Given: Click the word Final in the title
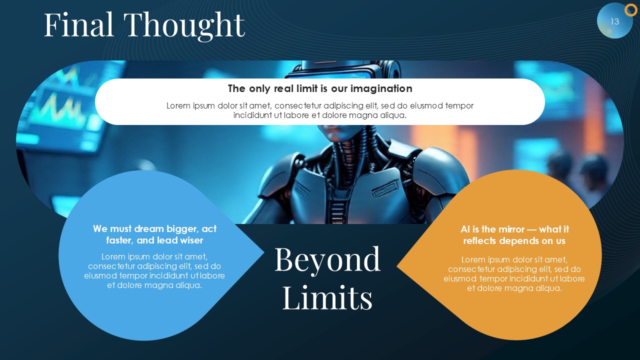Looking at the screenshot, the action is (79, 24).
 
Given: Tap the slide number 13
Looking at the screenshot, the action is (614, 21).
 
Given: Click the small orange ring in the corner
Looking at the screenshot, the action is (630, 10).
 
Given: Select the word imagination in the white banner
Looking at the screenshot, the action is (381, 88).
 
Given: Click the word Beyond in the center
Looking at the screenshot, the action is (327, 260).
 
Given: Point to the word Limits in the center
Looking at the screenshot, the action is (327, 297).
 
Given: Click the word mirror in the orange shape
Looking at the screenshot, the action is (509, 229).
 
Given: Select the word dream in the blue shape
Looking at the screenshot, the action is (149, 229).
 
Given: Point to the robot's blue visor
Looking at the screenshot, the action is (329, 74).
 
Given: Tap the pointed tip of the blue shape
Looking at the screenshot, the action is (263, 252).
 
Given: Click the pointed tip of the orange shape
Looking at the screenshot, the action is (397, 266).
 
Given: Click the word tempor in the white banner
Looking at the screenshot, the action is (459, 106).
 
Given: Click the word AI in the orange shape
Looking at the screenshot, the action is (465, 229).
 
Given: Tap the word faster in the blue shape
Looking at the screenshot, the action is (119, 240).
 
